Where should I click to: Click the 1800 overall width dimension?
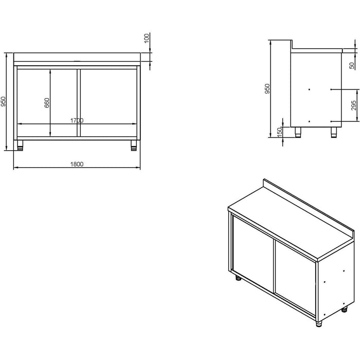(77, 164)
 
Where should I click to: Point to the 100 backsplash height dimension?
(146, 39)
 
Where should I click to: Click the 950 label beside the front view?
(4, 102)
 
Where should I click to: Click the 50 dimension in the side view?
(352, 65)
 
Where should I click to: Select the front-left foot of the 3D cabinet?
(238, 280)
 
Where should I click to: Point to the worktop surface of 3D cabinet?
(288, 221)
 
